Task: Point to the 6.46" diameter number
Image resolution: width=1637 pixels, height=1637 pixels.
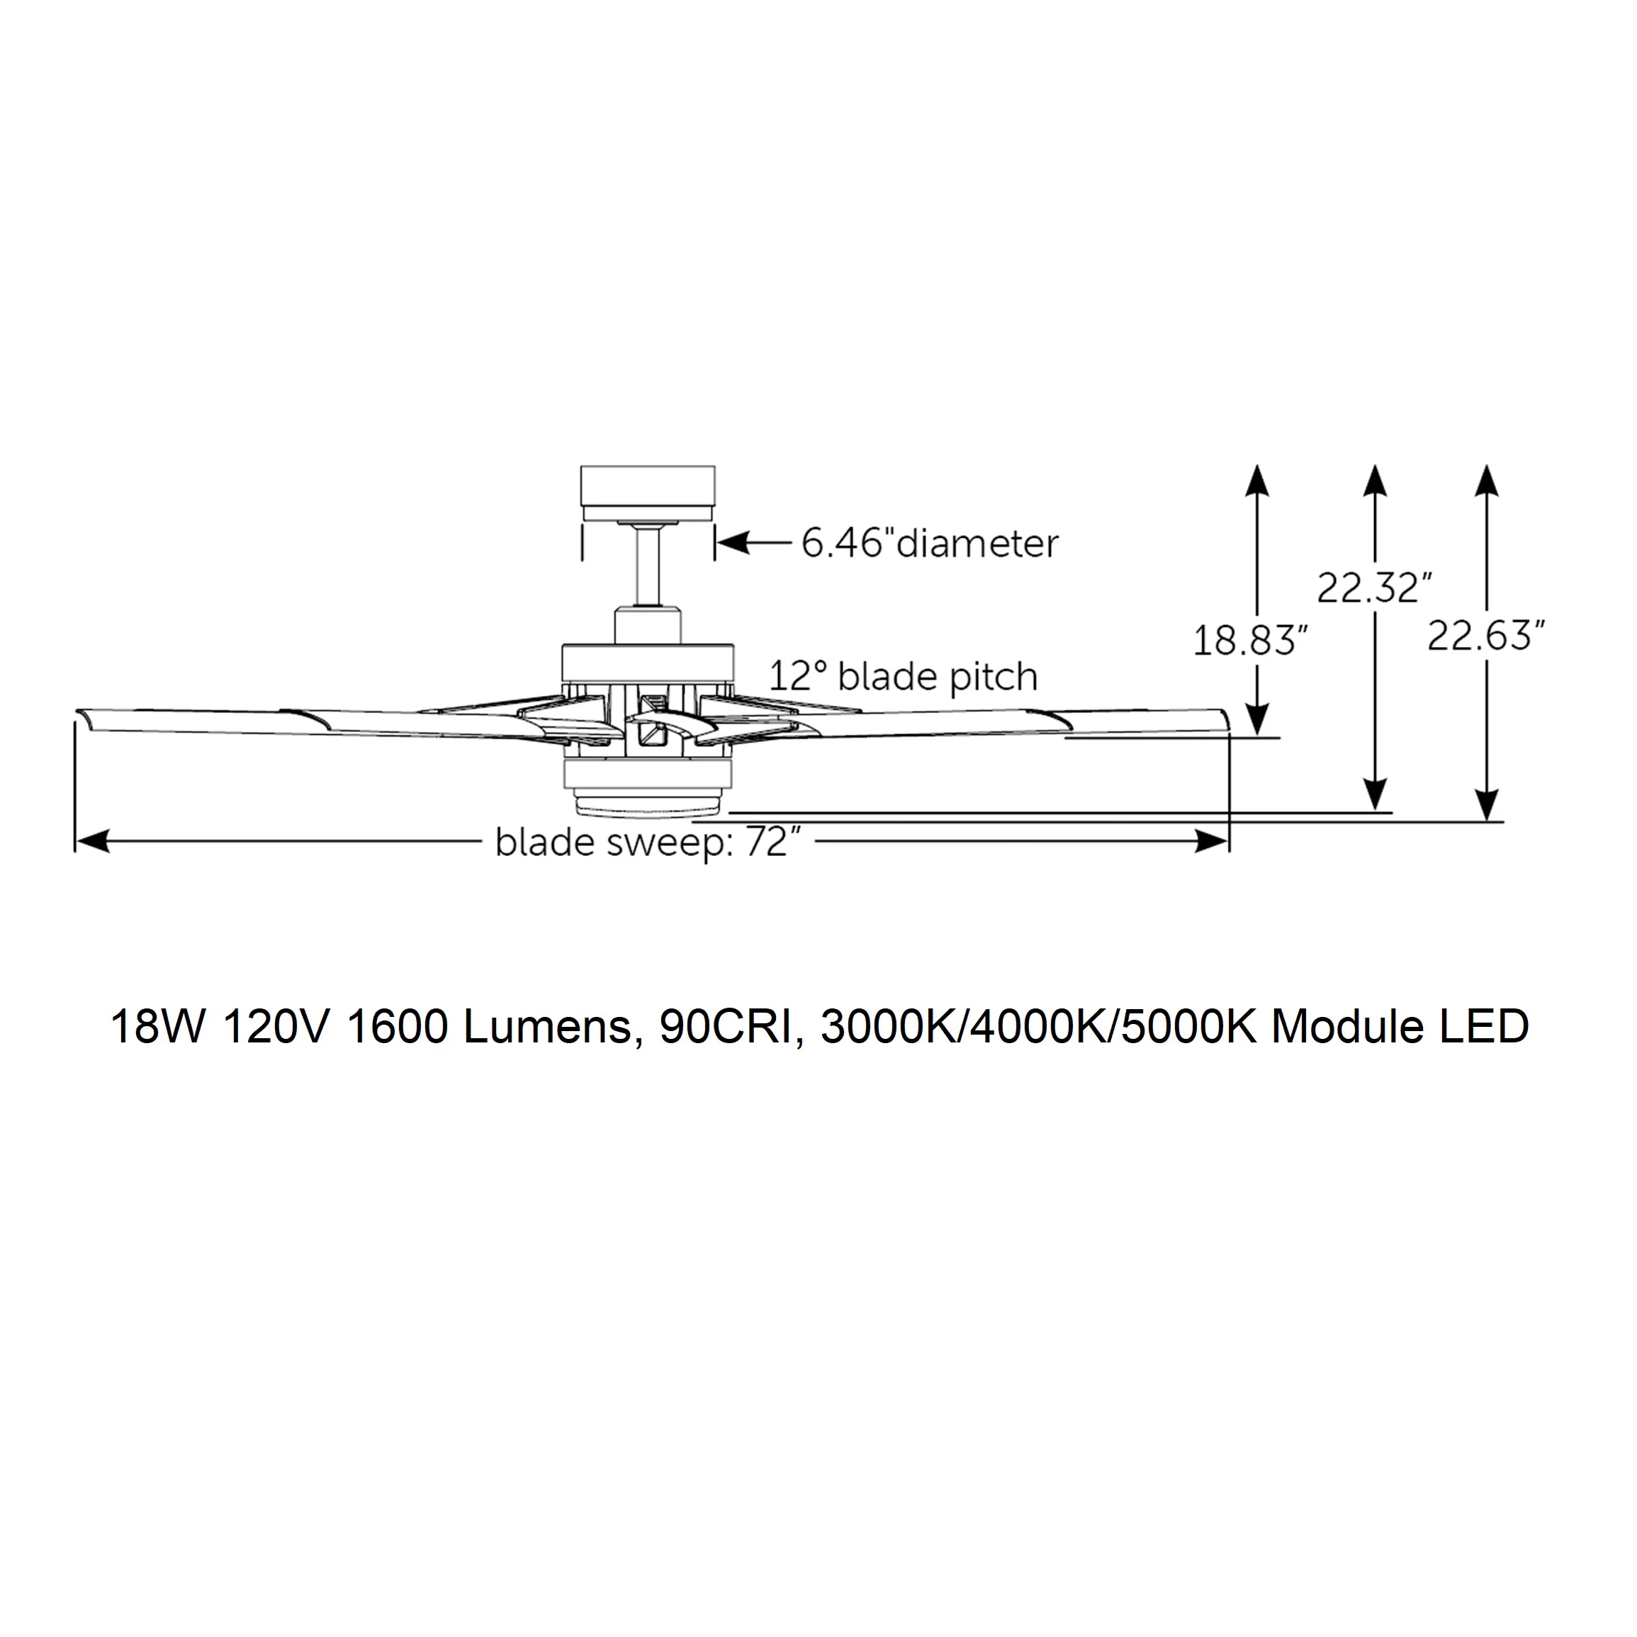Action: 848,543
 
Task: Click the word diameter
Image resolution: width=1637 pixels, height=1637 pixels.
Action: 978,543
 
